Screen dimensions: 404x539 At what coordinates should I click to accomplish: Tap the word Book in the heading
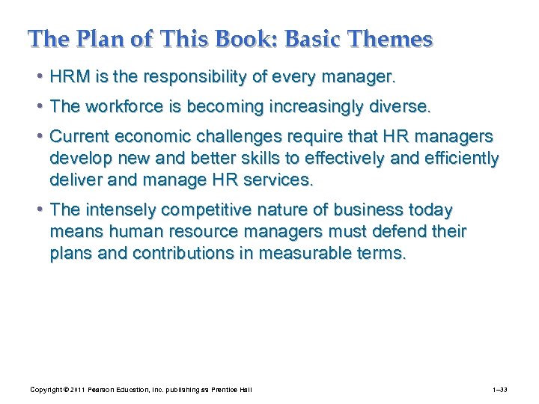click(207, 38)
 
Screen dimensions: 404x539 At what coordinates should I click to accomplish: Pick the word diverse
click(404, 107)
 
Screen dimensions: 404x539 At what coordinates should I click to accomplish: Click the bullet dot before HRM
click(38, 77)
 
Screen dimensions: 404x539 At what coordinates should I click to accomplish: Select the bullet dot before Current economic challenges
click(38, 137)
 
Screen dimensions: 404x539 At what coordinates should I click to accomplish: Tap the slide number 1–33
click(501, 391)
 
